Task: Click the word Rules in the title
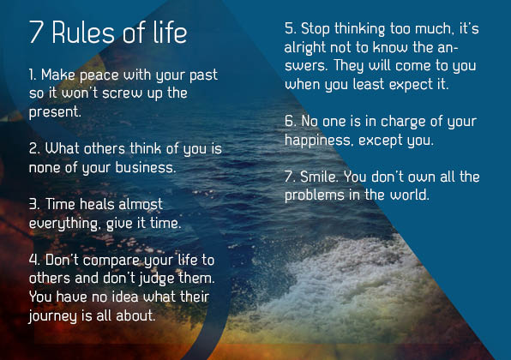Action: pos(83,33)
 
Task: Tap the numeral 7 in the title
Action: pos(36,32)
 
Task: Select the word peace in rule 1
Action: pos(99,76)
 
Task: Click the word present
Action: pos(54,112)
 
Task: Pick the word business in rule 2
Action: pos(146,167)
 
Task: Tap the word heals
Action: pos(97,204)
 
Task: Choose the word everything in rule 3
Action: pos(63,224)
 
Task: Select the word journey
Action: pos(52,316)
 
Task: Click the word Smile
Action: pos(319,177)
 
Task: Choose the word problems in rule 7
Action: pos(315,195)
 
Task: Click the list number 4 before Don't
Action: pos(34,261)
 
